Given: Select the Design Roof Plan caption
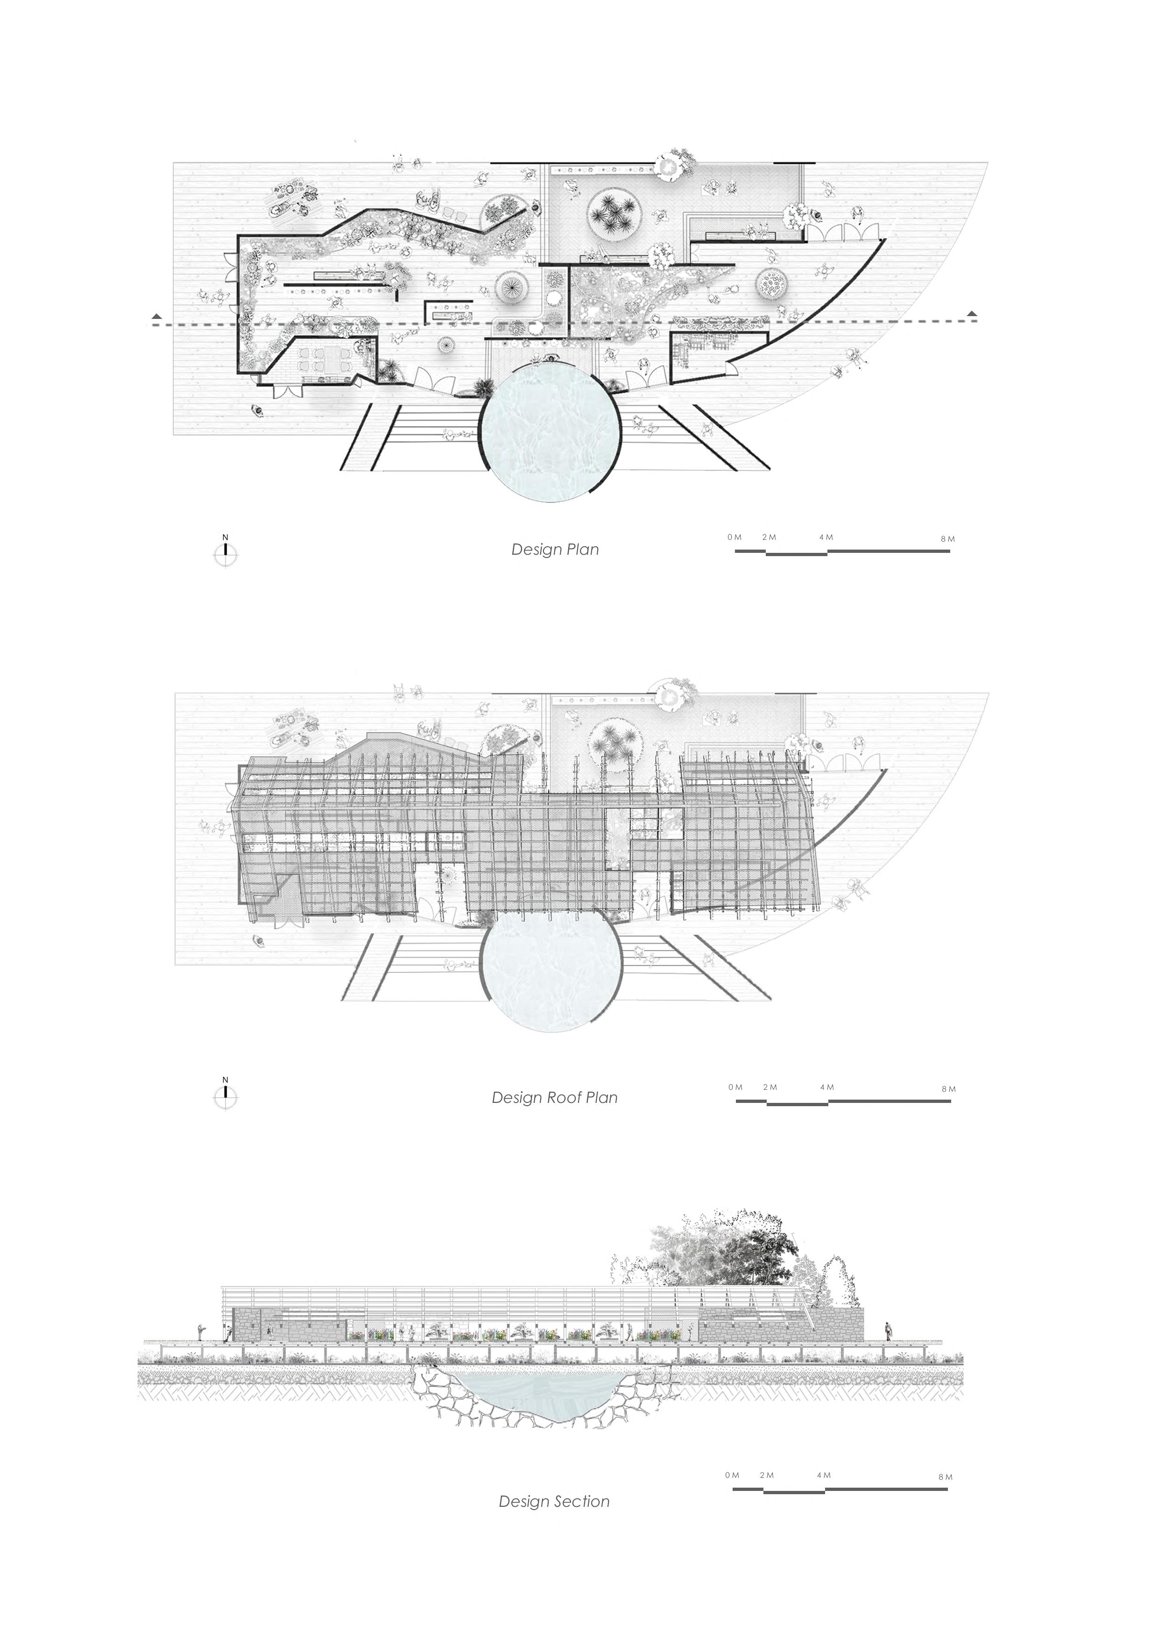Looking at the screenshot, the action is point(554,1097).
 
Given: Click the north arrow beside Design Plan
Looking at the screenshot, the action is point(226,553).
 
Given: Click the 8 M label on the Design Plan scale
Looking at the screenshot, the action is point(947,539).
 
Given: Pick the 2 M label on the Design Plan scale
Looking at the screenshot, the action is point(769,537).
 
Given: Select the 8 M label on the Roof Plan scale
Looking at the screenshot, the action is point(948,1089).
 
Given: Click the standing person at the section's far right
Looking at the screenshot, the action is point(888,1330).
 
